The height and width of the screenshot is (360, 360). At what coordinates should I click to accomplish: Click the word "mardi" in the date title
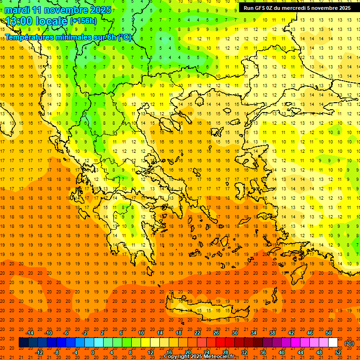tap(18, 10)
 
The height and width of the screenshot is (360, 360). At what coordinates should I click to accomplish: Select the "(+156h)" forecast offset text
tap(83, 21)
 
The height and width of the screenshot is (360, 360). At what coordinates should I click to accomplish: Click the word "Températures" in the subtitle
tap(29, 37)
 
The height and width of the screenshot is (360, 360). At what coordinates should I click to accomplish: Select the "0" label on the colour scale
tap(93, 352)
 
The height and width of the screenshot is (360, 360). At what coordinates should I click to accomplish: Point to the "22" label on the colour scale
tap(197, 333)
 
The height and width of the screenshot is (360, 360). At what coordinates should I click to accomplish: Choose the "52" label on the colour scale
tap(338, 352)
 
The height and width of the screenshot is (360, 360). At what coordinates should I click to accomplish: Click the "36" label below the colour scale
tap(263, 352)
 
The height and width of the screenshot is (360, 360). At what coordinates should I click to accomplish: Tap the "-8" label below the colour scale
tap(57, 352)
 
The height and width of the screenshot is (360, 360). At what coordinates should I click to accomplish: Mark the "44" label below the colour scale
tap(300, 352)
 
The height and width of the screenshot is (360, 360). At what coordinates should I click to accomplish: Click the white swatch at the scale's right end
tap(333, 343)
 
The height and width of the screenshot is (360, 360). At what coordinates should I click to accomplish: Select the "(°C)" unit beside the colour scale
tap(349, 343)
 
